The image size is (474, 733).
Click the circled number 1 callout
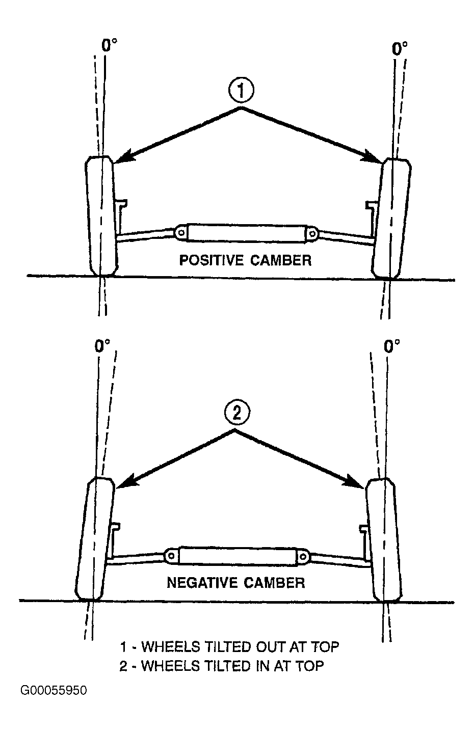click(x=241, y=91)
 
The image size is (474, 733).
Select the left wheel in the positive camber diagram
click(x=101, y=216)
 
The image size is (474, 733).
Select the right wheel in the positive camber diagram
click(x=391, y=218)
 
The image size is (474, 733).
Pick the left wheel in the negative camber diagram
click(x=95, y=539)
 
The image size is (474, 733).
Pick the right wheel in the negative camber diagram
click(x=384, y=540)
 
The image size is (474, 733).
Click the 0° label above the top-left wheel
click(x=110, y=45)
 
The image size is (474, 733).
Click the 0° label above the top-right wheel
click(x=400, y=48)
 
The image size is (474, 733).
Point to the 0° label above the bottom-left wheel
click(x=102, y=345)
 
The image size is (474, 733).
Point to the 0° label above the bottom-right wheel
click(x=392, y=346)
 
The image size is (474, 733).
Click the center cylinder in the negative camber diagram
click(x=238, y=556)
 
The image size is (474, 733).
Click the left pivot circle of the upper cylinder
click(x=181, y=232)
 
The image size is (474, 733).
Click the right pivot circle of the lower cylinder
click(x=303, y=556)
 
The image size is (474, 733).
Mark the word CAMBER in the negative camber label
click(x=274, y=583)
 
